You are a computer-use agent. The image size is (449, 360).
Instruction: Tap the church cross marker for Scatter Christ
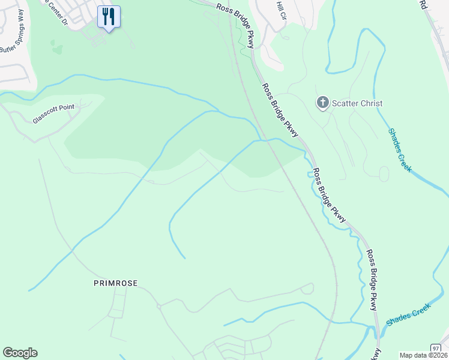point(323,103)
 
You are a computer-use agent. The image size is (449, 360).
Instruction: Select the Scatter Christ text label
point(358,103)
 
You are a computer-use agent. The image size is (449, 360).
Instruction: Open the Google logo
point(20,353)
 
